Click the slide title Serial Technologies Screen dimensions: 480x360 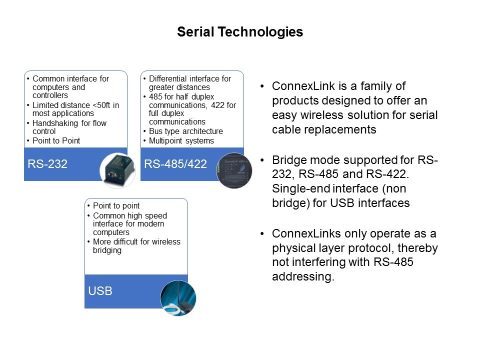tap(240, 32)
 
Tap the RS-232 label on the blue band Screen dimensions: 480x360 tap(47, 164)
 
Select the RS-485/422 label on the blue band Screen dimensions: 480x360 tap(175, 164)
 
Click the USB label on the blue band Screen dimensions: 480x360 tap(100, 291)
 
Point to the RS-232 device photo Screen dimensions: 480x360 tap(117, 170)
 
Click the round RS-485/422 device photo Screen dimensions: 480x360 tap(234, 170)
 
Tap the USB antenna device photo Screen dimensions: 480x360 tap(178, 298)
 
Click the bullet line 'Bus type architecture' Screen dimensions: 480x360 tap(186, 131)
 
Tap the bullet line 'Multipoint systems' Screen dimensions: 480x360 tap(181, 141)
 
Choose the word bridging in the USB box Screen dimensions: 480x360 tap(107, 250)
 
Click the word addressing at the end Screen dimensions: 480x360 tap(303, 276)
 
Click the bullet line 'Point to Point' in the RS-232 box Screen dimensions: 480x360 tap(56, 141)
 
